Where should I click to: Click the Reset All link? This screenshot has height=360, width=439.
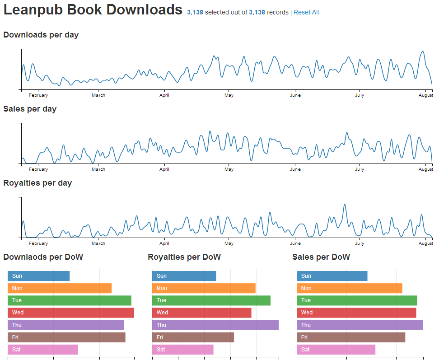click(306, 12)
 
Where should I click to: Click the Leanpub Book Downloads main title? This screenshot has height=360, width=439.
click(93, 10)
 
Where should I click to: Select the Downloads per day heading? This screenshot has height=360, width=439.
click(41, 35)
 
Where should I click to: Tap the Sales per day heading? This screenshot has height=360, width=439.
click(30, 109)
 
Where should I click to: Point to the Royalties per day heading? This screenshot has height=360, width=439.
click(37, 183)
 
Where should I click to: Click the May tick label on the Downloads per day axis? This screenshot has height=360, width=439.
click(229, 95)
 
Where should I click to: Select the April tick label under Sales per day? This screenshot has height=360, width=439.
click(164, 169)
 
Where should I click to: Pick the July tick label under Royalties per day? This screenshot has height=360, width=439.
click(360, 243)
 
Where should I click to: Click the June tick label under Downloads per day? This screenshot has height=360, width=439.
click(295, 95)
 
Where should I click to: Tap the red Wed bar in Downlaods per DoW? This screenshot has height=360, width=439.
click(71, 313)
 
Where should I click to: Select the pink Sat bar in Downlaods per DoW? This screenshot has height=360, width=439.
click(43, 350)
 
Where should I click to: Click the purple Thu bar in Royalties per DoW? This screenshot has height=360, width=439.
click(215, 325)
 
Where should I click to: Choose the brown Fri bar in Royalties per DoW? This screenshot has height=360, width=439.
click(193, 337)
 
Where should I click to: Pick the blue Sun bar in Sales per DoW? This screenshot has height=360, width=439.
click(332, 276)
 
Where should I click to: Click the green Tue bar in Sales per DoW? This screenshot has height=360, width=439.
click(357, 300)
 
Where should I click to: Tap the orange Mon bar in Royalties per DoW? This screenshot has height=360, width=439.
click(204, 288)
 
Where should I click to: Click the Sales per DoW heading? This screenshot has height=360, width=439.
click(321, 257)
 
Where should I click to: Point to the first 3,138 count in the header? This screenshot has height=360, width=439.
click(195, 12)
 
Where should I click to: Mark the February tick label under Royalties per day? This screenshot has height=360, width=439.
click(38, 243)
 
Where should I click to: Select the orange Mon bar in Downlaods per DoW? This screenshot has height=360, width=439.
click(60, 288)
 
